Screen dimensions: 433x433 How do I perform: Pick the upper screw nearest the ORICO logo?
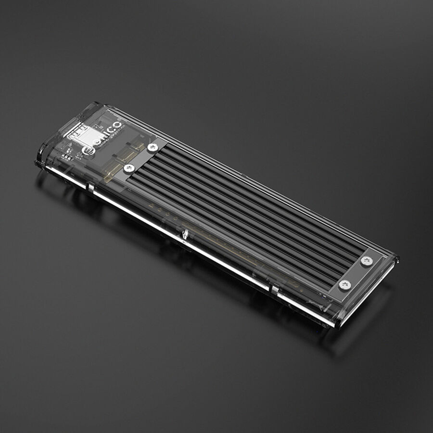click(153, 147)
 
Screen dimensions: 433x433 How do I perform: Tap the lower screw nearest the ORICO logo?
click(128, 168)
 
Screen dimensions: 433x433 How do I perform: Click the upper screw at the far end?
click(367, 261)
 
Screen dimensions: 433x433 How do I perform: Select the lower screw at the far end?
click(344, 284)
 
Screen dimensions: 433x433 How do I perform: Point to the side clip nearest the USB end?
click(90, 187)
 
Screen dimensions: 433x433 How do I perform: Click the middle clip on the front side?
click(184, 235)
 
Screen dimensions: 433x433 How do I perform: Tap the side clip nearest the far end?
click(273, 290)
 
